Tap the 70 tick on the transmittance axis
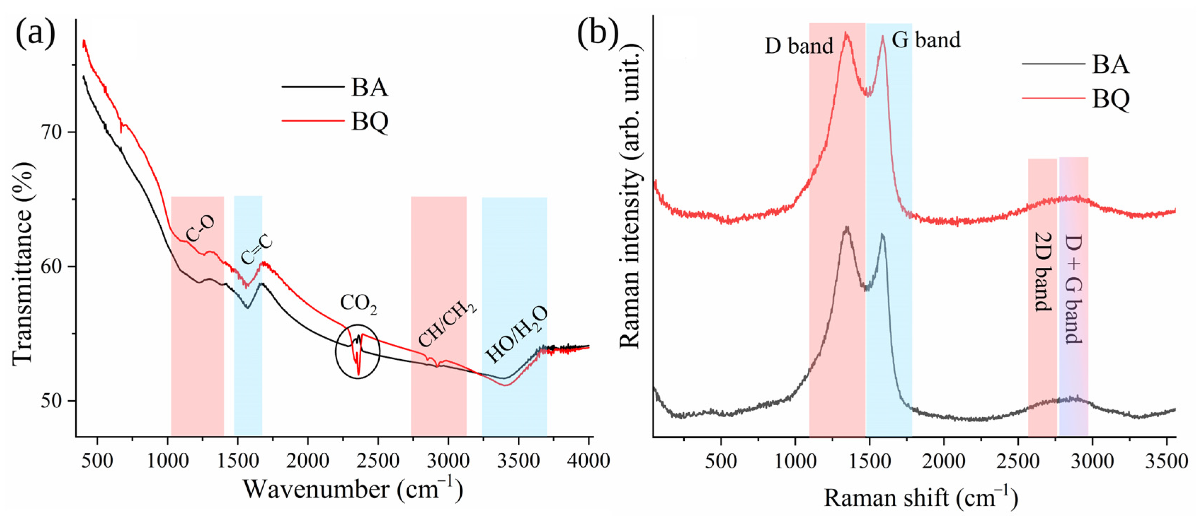(50, 133)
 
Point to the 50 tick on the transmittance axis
(50, 401)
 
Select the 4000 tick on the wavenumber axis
(588, 460)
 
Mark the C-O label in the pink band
(201, 228)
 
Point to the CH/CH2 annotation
(447, 325)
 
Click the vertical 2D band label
(1043, 271)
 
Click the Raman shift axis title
(920, 498)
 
